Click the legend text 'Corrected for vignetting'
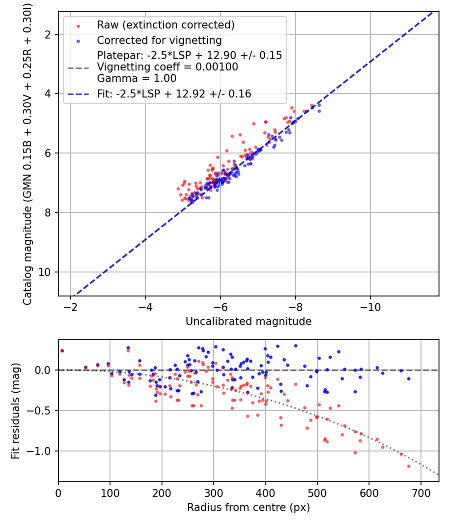pos(159,40)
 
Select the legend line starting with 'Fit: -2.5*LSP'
pos(173,93)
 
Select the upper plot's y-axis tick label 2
pos(50,34)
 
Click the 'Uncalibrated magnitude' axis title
pos(248,321)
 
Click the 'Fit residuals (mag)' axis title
pos(15,410)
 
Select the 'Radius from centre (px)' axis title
pos(248,507)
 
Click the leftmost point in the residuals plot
pos(62,350)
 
